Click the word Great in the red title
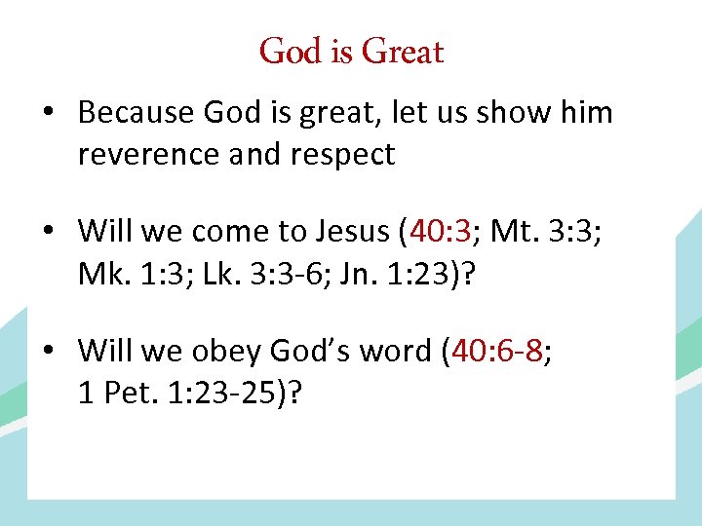tap(402, 52)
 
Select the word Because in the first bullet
tap(136, 113)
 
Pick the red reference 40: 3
tap(442, 232)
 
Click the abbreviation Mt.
tap(512, 232)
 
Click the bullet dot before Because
tap(47, 114)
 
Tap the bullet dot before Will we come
tap(47, 233)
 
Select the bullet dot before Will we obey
tap(47, 350)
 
